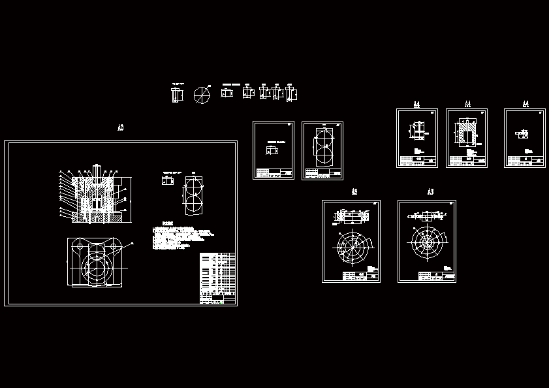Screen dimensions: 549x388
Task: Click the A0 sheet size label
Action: [x=120, y=128]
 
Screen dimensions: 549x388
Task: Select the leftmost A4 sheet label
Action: [x=416, y=105]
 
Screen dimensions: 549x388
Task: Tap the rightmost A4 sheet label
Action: [x=525, y=105]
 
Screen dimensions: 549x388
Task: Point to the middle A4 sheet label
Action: [x=467, y=105]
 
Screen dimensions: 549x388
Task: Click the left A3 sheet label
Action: [x=354, y=192]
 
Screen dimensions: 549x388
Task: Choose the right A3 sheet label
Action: [x=430, y=192]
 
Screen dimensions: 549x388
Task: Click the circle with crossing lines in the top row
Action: [x=202, y=95]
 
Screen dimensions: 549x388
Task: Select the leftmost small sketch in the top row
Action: [x=177, y=95]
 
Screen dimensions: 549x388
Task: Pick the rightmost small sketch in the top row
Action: [x=291, y=93]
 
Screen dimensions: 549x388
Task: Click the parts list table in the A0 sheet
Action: [x=217, y=278]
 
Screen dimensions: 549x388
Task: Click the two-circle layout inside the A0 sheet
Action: [x=194, y=195]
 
